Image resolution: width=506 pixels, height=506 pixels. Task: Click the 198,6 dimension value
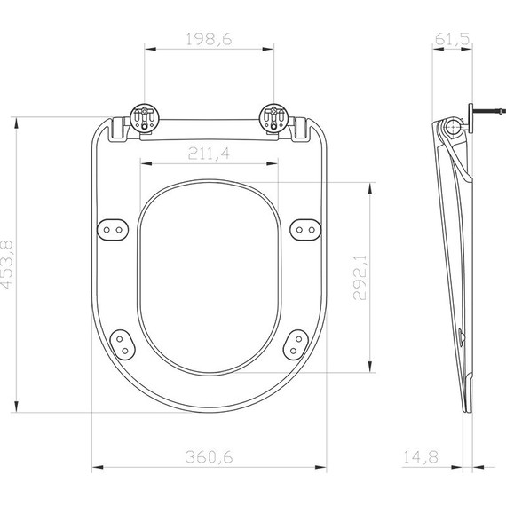tap(209, 38)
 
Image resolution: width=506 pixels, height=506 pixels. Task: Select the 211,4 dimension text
tap(209, 153)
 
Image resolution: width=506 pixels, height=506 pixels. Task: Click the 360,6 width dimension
tap(209, 457)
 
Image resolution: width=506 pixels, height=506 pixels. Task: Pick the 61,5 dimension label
tap(453, 38)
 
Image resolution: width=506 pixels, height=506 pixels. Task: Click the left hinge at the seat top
tap(144, 118)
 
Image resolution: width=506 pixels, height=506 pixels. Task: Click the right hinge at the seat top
tap(274, 118)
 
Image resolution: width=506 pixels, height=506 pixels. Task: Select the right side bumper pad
tap(304, 229)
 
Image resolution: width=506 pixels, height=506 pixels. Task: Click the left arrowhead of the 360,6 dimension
tap(96, 467)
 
